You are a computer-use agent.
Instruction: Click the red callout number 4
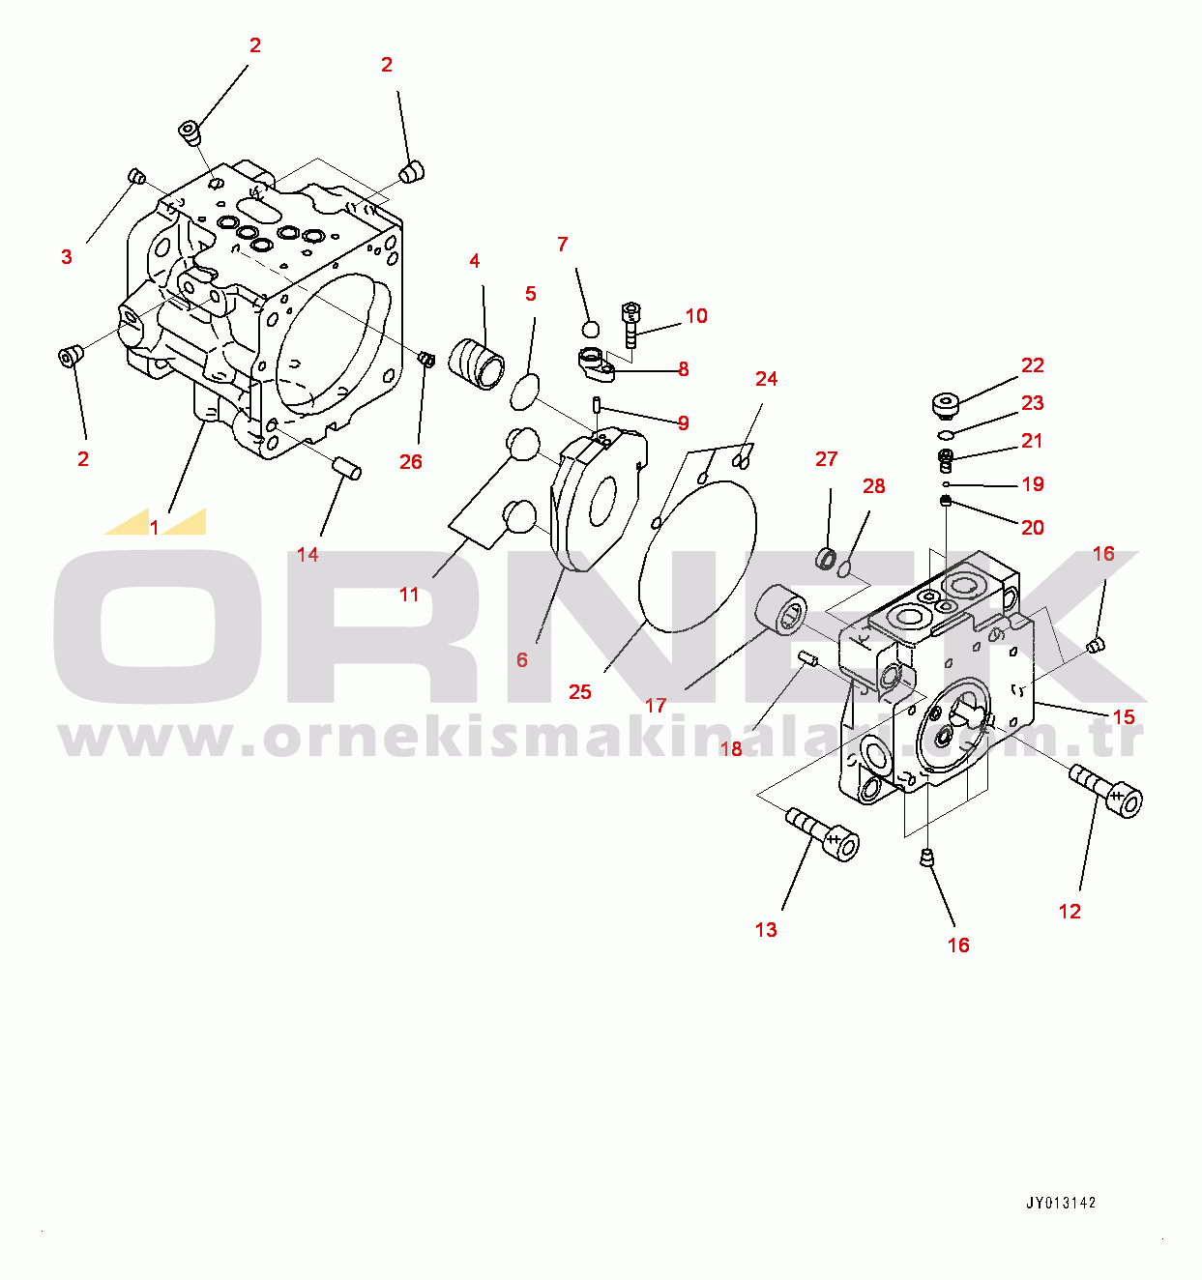click(x=475, y=261)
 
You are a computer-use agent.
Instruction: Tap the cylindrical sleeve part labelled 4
click(x=477, y=364)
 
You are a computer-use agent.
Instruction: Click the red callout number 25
click(x=579, y=691)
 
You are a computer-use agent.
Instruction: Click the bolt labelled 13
click(x=822, y=834)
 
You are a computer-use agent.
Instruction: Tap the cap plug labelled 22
click(x=946, y=404)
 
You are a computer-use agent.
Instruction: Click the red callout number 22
click(x=1033, y=365)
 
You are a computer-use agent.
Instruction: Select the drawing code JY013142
click(x=1062, y=1203)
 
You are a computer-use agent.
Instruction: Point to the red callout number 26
click(x=411, y=461)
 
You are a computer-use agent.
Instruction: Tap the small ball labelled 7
click(x=591, y=329)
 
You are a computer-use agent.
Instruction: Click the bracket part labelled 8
click(x=597, y=364)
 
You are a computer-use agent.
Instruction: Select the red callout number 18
click(x=732, y=749)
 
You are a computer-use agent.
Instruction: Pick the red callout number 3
click(x=67, y=257)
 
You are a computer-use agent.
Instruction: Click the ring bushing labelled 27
click(x=826, y=558)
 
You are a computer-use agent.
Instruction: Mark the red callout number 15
click(x=1124, y=716)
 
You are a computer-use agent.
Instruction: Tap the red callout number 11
click(x=409, y=595)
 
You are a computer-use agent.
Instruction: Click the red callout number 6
click(x=521, y=660)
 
